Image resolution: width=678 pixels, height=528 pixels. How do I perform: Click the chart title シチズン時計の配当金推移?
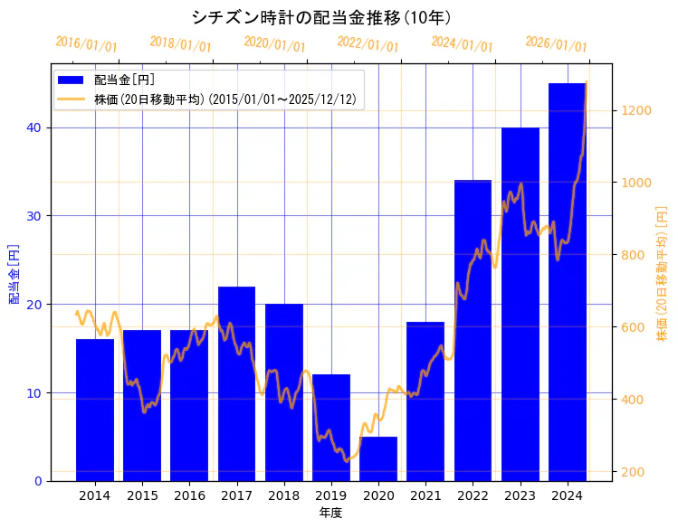click(321, 17)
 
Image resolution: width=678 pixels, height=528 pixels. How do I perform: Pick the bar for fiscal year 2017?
click(236, 383)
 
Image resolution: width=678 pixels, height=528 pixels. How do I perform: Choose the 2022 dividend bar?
click(473, 331)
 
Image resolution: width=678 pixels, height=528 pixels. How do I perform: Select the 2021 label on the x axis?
click(425, 495)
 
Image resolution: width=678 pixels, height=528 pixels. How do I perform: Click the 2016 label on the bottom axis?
click(189, 495)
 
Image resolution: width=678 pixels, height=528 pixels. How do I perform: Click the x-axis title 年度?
click(330, 513)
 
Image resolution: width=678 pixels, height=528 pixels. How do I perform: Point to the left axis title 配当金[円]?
click(14, 273)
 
